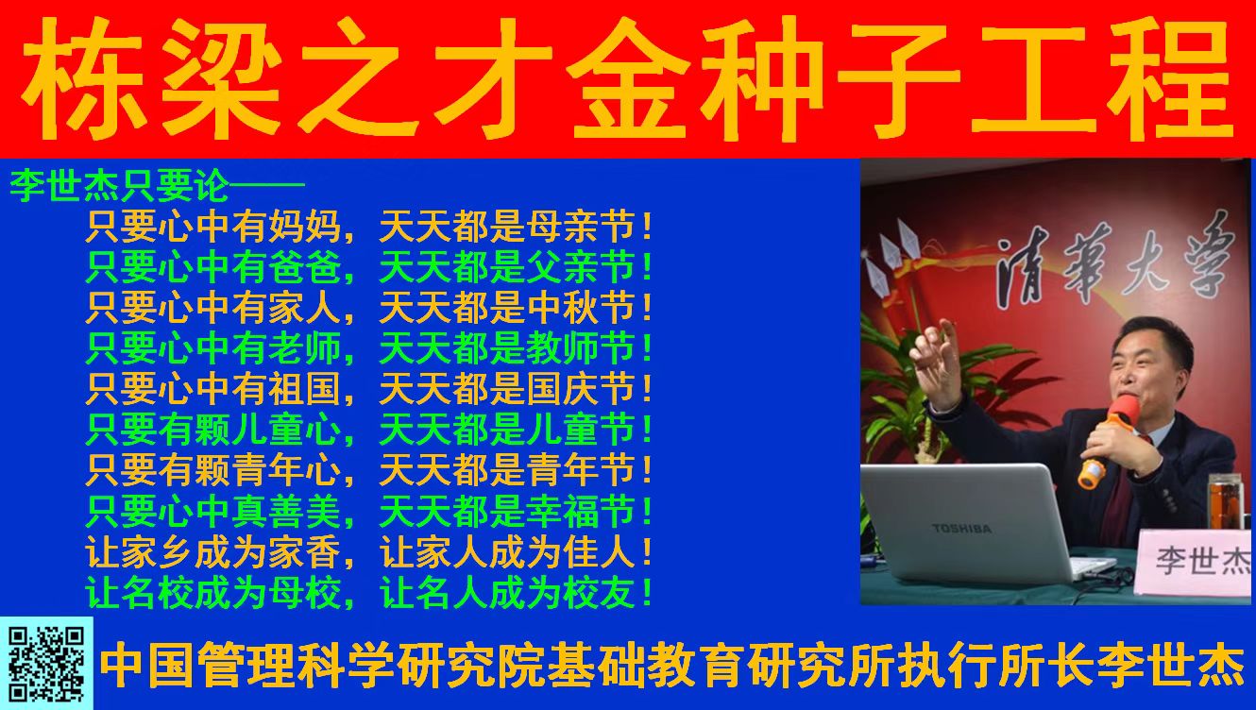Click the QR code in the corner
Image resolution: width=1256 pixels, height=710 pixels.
coord(46,664)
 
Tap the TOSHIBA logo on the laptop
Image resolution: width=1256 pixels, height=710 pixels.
coord(961,529)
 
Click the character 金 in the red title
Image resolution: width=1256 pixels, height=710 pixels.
coord(628,78)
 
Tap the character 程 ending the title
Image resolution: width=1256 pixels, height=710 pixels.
coord(1172,78)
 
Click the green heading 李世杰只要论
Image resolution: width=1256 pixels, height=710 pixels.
coord(119,186)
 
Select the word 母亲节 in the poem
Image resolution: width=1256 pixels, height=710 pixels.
coord(581,227)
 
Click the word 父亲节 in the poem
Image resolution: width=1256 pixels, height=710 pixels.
coord(581,267)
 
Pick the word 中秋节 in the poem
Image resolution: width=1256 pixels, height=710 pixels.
coord(581,308)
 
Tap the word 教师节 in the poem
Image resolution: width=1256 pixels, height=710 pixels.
coord(581,348)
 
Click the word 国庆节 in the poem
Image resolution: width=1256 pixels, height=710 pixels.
coord(581,389)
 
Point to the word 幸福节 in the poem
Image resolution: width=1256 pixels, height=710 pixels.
coord(581,512)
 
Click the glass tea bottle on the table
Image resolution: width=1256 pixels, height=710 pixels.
coord(1227,502)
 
